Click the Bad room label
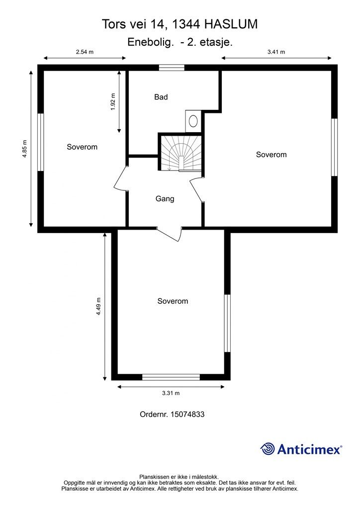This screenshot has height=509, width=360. tap(161, 97)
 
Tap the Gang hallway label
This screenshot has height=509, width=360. tap(165, 199)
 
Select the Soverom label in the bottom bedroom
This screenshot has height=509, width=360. tap(173, 301)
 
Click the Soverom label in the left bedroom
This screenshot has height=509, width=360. tap(82, 147)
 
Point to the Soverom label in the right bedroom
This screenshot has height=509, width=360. tap(271, 155)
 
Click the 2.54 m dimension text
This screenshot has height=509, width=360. tap(85, 52)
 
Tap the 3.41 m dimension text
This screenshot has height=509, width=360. tap(276, 52)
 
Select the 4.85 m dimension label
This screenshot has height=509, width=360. tap(25, 149)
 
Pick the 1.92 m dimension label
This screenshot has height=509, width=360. tap(113, 102)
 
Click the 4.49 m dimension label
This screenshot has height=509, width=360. tap(98, 306)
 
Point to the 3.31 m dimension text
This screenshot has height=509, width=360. tap(171, 393)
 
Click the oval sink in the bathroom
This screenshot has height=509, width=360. tap(193, 121)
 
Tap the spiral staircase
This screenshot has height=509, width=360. tap(180, 152)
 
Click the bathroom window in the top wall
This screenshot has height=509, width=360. tap(172, 68)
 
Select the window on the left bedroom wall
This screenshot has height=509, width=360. tap(41, 142)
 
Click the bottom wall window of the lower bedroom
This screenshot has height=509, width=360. tap(171, 377)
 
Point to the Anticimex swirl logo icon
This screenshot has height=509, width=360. tap(268, 449)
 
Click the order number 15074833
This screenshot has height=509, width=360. tap(187, 414)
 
